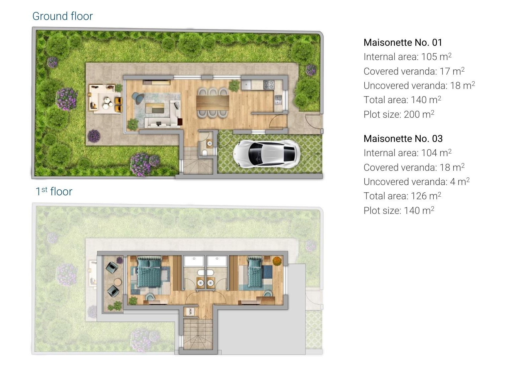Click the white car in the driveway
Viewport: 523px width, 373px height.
point(267,154)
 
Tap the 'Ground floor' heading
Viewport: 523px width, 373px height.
point(62,16)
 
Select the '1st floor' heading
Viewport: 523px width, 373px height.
point(54,191)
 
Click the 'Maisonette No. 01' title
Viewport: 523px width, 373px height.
point(403,42)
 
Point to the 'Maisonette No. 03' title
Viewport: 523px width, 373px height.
point(403,139)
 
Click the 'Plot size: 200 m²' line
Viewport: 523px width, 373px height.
point(399,114)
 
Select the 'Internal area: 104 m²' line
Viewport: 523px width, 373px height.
point(407,153)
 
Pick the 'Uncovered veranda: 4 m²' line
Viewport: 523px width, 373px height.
point(416,182)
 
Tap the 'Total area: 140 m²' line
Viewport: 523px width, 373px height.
point(402,100)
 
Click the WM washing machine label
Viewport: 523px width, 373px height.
point(190,311)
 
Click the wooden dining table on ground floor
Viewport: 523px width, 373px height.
point(213,102)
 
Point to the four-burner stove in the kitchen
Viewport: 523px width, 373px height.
point(269,85)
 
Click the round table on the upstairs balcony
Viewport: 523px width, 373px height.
point(118,282)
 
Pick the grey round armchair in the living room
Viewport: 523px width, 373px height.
point(138,98)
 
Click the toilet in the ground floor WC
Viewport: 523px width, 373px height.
point(205,153)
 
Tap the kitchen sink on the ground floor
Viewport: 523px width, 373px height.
point(278,100)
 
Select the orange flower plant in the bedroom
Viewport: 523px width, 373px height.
point(277,261)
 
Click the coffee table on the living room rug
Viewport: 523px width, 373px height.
point(154,108)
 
